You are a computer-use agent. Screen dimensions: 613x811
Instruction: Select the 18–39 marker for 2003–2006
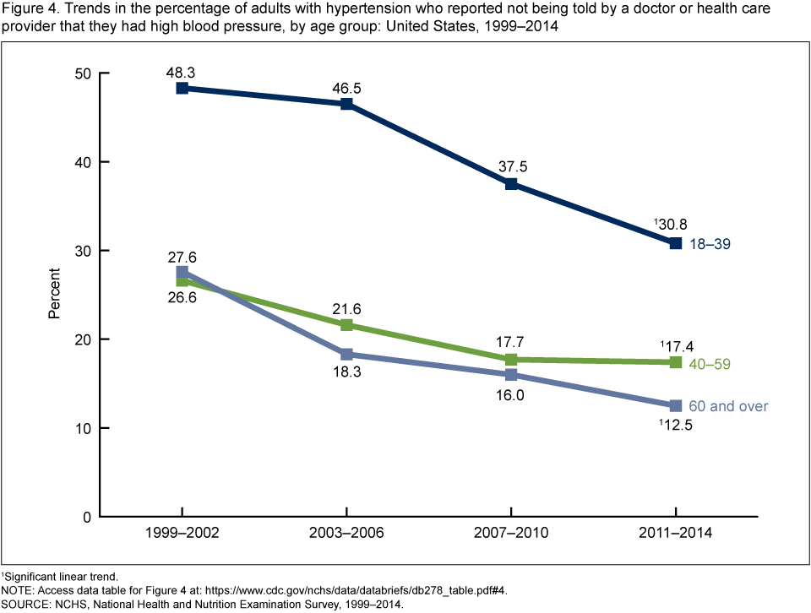[x=346, y=104]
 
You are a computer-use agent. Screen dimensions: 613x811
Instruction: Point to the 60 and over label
[x=727, y=406]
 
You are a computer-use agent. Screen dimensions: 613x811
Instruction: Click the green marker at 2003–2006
[x=346, y=325]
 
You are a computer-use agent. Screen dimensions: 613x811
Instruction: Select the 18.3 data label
[x=346, y=372]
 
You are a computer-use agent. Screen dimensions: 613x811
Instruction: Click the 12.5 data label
[x=676, y=426]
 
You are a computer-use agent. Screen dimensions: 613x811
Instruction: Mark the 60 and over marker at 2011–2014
[x=676, y=406]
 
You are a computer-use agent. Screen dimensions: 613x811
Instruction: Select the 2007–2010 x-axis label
[x=511, y=534]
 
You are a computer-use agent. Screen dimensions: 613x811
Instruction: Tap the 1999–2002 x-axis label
[x=182, y=534]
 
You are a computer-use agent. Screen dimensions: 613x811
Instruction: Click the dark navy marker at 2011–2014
[x=676, y=243]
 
